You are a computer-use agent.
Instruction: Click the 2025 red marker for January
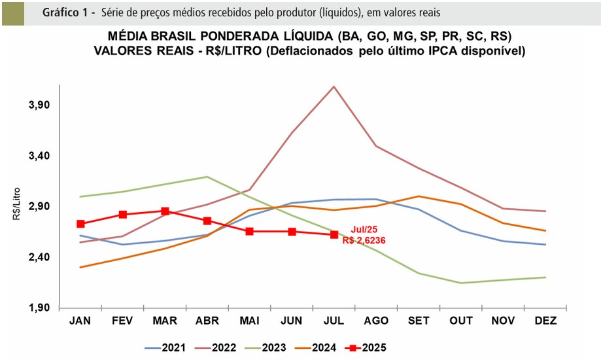pos(80,224)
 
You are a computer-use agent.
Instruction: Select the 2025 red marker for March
pos(165,211)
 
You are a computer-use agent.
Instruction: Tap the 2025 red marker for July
pos(334,234)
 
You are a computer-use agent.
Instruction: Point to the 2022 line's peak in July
pos(334,86)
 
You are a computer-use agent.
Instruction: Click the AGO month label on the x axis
pos(376,321)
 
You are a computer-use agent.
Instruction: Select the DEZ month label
pos(545,321)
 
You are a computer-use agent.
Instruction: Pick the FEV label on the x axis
pos(122,321)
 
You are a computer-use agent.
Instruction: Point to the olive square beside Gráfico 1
pos(12,13)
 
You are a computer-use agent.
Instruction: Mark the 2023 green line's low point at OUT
pos(461,283)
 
